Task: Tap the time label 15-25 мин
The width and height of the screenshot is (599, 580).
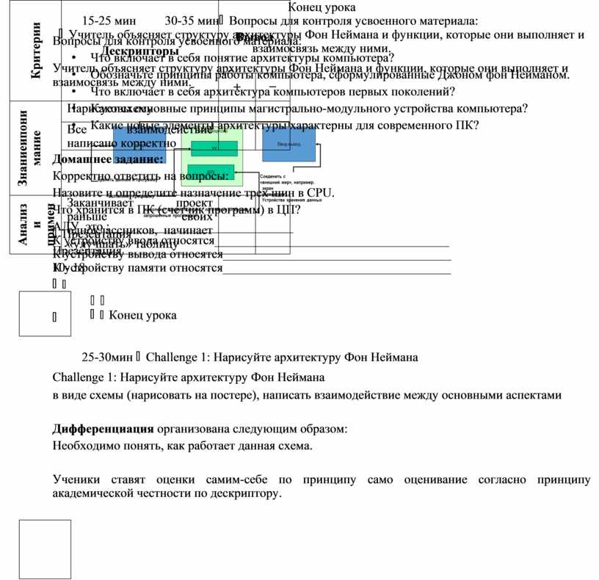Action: click(x=107, y=21)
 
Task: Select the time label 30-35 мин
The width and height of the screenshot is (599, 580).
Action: click(x=191, y=21)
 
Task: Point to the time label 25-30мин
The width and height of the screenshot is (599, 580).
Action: click(x=106, y=358)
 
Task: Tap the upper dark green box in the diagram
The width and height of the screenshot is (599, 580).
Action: click(x=214, y=148)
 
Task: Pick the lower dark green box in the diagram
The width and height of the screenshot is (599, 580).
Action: click(x=211, y=171)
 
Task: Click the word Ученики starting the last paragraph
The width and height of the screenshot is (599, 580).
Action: click(x=76, y=480)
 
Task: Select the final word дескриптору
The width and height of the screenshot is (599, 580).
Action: click(x=249, y=493)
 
